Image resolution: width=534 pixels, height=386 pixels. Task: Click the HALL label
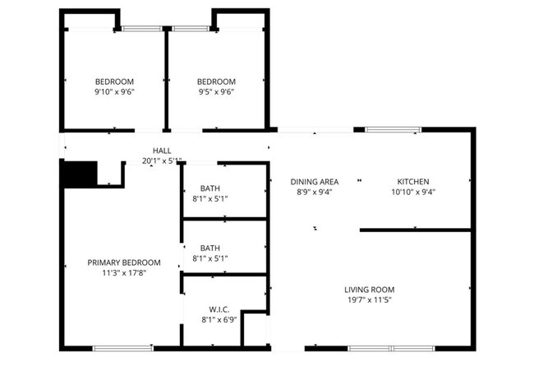[162, 151]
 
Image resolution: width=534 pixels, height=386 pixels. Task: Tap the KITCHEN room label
[412, 181]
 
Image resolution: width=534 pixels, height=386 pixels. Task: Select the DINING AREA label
[315, 181]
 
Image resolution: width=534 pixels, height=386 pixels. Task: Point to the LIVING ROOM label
[369, 290]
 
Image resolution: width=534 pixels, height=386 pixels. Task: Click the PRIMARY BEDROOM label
[123, 263]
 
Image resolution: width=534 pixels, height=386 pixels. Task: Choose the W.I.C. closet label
[218, 309]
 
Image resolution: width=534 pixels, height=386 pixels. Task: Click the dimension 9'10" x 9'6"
[114, 92]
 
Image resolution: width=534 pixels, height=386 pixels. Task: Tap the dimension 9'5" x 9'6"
[216, 92]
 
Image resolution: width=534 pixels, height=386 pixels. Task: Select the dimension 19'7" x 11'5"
[369, 300]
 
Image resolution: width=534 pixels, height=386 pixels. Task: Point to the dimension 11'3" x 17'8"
[123, 273]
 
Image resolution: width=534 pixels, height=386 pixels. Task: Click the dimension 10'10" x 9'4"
[412, 192]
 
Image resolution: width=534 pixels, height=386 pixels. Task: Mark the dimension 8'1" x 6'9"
[218, 319]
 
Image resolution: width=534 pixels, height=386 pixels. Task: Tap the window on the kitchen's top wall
[393, 129]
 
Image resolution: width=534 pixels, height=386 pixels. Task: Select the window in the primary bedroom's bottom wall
[122, 348]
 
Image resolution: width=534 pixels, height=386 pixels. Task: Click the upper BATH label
[210, 188]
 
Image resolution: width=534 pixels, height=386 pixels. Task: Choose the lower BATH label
[210, 248]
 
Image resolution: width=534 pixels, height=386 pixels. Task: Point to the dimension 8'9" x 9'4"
[315, 192]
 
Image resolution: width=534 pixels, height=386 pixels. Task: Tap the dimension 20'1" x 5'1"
[162, 160]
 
